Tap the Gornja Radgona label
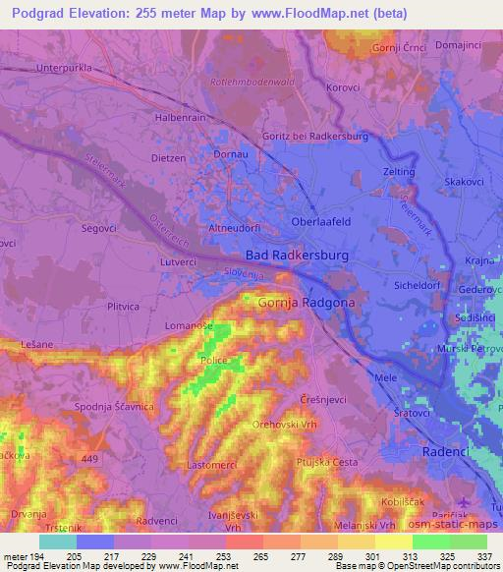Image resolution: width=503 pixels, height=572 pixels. point(305,304)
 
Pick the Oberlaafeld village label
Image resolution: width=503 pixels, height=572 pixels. point(321,222)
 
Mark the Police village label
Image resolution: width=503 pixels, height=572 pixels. point(214,361)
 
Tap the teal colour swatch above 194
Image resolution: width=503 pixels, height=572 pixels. point(57,542)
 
